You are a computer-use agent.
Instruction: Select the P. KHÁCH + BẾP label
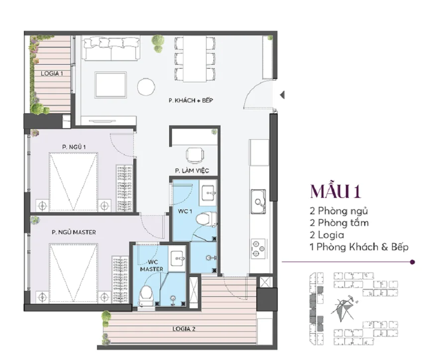point(191,100)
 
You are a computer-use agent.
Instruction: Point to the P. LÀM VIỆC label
point(192,171)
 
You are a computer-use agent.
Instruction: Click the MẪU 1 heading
point(335,191)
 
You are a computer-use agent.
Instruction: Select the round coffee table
point(146,87)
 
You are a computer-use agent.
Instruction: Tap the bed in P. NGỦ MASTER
point(73,272)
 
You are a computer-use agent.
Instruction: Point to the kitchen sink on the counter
point(258,201)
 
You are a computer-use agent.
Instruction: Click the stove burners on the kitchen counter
point(258,247)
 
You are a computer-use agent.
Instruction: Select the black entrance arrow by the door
point(282,94)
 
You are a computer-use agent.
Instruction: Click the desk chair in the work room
point(195,155)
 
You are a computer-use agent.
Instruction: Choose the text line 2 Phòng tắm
point(339,223)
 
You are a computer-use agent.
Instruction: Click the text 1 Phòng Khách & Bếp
point(358,247)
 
